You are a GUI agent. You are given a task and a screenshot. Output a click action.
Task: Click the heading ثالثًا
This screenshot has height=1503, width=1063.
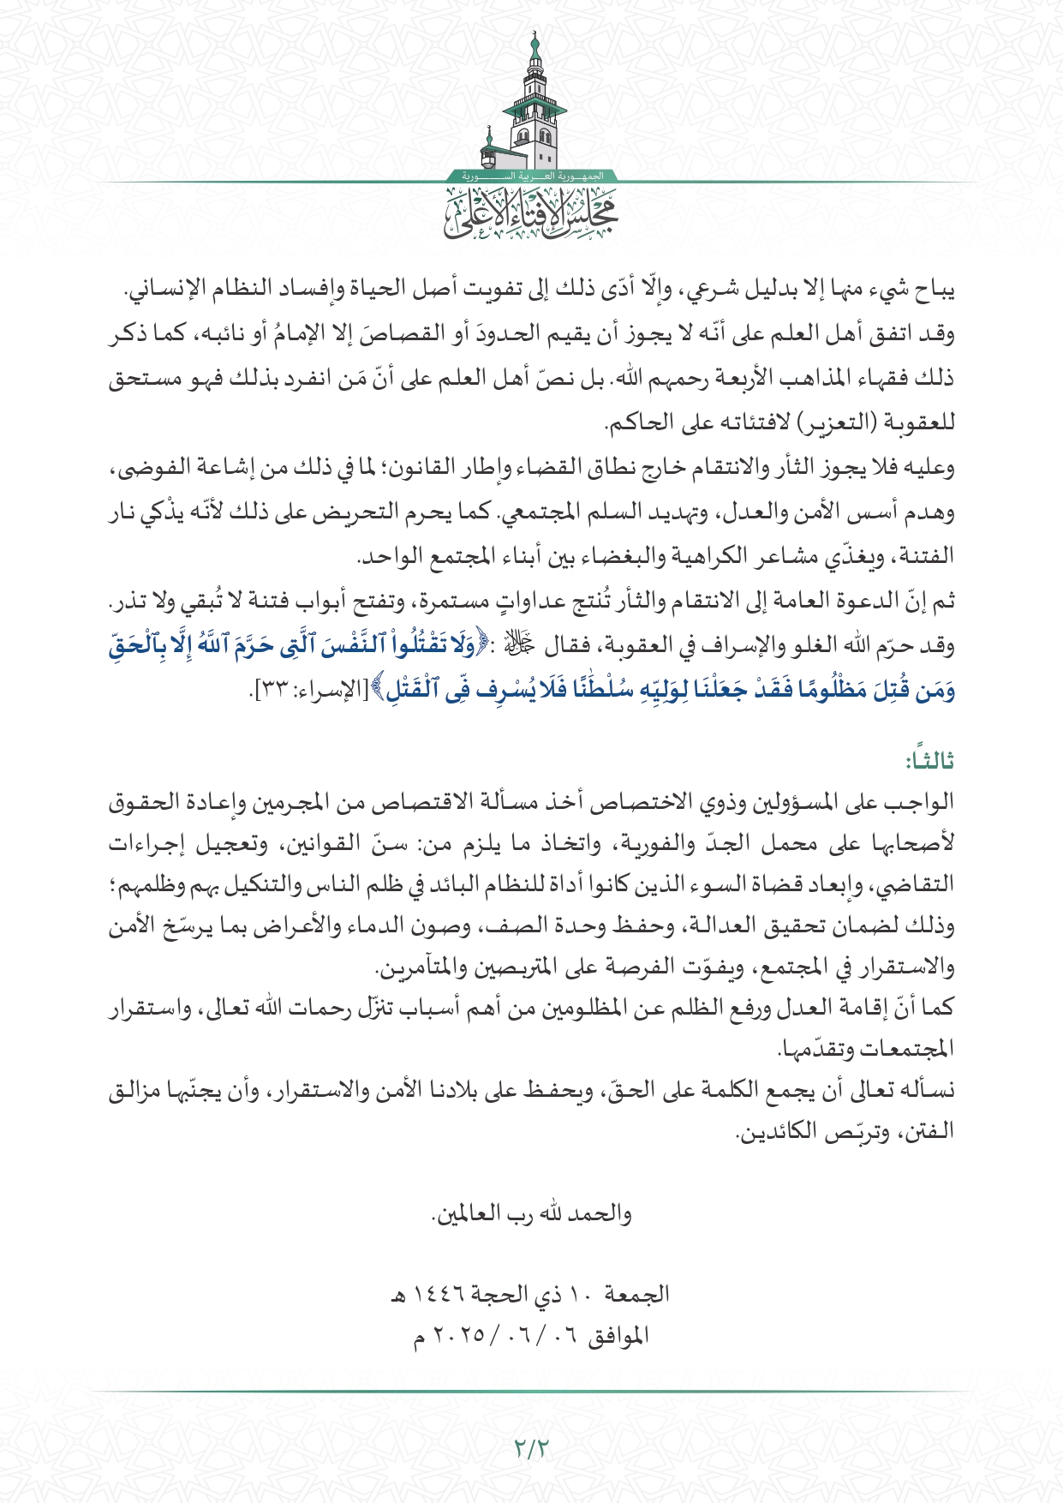930,759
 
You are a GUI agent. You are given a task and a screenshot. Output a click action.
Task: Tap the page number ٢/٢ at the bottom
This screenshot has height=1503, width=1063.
531,1447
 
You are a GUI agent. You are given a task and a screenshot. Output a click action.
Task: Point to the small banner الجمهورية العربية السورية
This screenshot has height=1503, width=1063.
531,176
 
